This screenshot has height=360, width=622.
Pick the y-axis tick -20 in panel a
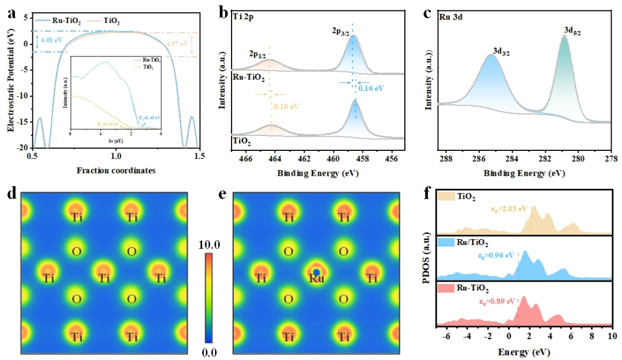click(x=20, y=147)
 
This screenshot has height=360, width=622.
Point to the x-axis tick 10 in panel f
click(x=611, y=335)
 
